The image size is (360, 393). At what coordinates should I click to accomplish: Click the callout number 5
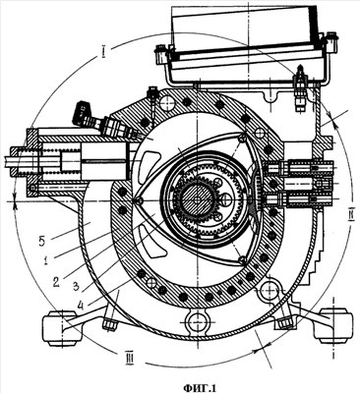(x=41, y=243)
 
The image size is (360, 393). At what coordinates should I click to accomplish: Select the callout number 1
(x=47, y=259)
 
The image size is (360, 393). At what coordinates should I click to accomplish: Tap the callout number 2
(x=56, y=281)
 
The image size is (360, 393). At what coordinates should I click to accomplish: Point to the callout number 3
(x=76, y=286)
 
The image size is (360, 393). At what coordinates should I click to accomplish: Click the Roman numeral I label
(x=103, y=52)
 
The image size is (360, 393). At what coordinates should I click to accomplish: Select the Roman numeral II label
(x=350, y=217)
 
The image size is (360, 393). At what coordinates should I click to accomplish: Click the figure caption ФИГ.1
(x=200, y=388)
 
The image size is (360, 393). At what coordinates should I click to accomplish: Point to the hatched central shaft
(x=197, y=199)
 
